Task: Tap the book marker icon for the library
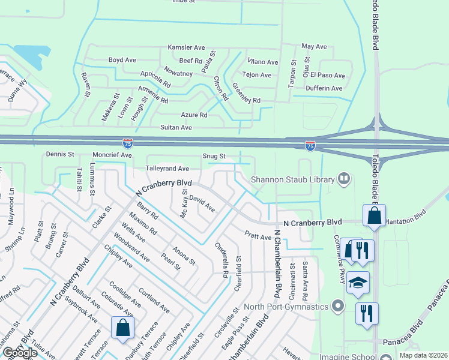[344, 178]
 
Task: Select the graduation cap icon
[358, 283]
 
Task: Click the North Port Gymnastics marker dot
[338, 307]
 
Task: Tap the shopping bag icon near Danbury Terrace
[122, 328]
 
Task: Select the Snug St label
[214, 156]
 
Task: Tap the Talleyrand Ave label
[168, 169]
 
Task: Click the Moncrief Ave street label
[113, 155]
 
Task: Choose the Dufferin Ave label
[324, 88]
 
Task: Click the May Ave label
[313, 46]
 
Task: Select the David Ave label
[202, 203]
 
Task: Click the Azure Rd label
[194, 115]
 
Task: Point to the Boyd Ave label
[122, 60]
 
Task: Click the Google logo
[20, 353]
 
